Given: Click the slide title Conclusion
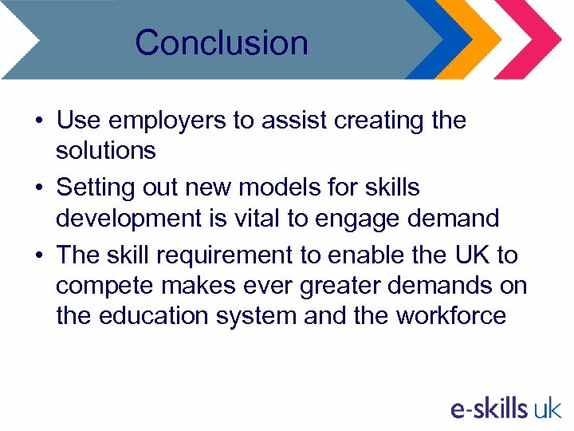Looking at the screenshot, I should [x=222, y=42].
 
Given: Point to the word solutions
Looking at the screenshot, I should [x=106, y=150].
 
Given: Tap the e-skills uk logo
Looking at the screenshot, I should [x=505, y=409].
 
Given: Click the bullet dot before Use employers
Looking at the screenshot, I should [x=38, y=122].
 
